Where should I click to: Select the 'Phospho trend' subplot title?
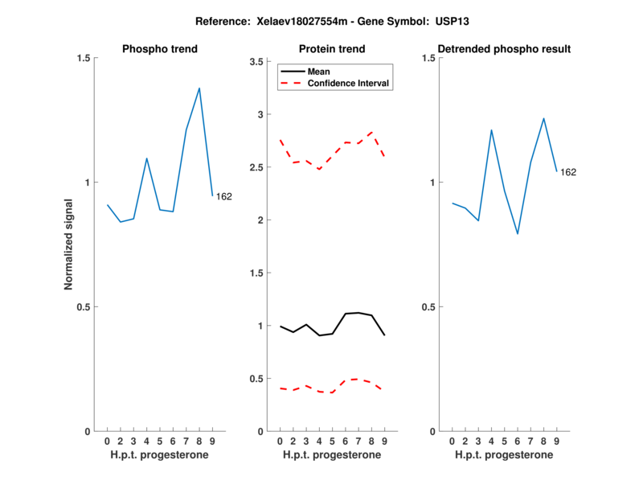pyautogui.click(x=160, y=49)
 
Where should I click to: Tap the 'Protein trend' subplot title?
pyautogui.click(x=331, y=49)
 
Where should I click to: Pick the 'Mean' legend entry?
pyautogui.click(x=319, y=72)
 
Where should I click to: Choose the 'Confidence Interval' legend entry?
pyautogui.click(x=347, y=83)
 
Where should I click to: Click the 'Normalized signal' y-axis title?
pyautogui.click(x=69, y=244)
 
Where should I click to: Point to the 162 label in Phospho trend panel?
pyautogui.click(x=224, y=196)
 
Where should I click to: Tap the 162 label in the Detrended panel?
pyautogui.click(x=568, y=172)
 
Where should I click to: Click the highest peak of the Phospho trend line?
pyautogui.click(x=199, y=88)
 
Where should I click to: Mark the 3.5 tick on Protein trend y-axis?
pyautogui.click(x=257, y=62)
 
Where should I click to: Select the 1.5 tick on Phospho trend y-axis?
pyautogui.click(x=83, y=58)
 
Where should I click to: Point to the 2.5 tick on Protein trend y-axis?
pyautogui.click(x=257, y=167)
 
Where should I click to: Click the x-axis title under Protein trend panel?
pyautogui.click(x=331, y=455)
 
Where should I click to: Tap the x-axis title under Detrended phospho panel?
pyautogui.click(x=503, y=455)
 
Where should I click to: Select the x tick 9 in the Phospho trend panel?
pyautogui.click(x=212, y=442)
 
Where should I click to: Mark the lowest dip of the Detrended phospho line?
pyautogui.click(x=518, y=234)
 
